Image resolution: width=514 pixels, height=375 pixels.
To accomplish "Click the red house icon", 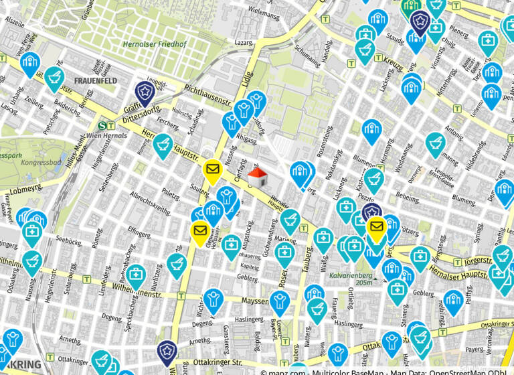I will click(x=258, y=177).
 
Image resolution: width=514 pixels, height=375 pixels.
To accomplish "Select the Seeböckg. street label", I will click(x=70, y=238).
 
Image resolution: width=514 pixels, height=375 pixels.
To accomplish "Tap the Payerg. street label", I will click(x=474, y=350).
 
